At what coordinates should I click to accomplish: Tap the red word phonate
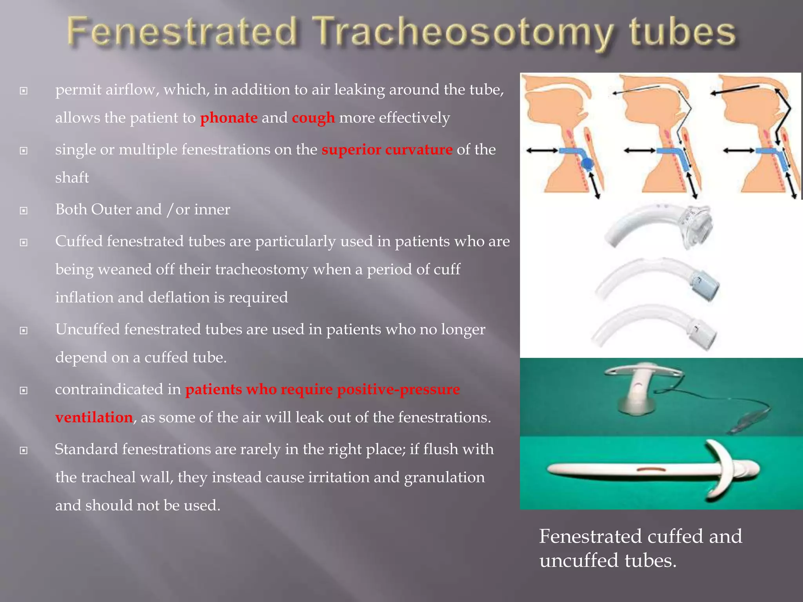point(229,118)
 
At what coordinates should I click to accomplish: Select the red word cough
point(313,118)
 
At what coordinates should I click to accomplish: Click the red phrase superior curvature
point(387,150)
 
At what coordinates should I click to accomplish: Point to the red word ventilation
point(94,417)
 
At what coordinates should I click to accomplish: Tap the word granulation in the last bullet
point(444,477)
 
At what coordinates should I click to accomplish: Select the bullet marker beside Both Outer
point(24,211)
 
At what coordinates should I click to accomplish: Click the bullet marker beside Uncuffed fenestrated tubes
point(24,331)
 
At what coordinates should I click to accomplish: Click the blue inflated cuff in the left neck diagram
point(587,164)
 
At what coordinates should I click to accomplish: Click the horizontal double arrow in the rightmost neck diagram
point(738,150)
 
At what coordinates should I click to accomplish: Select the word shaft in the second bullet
point(72,178)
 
